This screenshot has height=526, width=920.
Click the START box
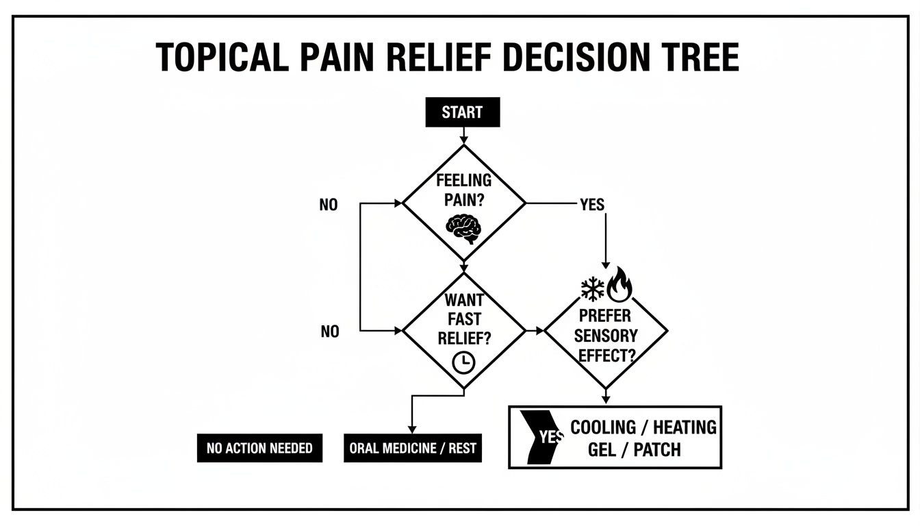(463, 112)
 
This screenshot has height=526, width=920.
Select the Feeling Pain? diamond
(464, 203)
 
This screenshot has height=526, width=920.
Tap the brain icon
(464, 228)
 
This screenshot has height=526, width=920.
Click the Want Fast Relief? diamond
(464, 331)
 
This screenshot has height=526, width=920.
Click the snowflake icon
(593, 288)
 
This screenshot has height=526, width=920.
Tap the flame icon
(620, 286)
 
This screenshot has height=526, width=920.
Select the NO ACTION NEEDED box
(259, 448)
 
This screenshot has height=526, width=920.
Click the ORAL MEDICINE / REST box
(412, 448)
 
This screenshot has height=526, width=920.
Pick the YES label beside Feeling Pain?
(592, 205)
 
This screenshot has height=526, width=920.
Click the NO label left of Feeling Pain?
(329, 205)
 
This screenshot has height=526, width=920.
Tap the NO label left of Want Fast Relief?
(329, 331)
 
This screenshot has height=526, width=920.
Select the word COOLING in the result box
(603, 427)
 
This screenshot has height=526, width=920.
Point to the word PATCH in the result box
(657, 450)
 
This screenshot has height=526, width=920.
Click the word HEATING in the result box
(685, 427)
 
